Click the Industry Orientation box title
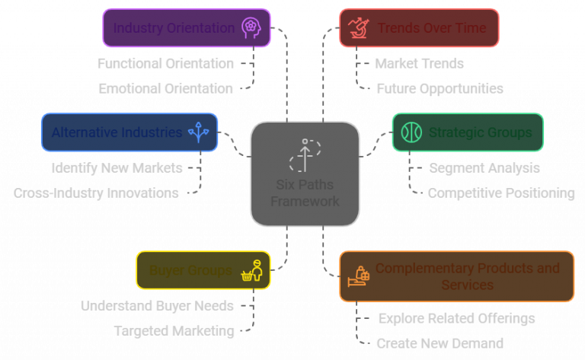pos(174,28)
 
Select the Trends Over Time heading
pos(431,28)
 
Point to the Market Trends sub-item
pos(419,63)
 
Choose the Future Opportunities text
pos(440,88)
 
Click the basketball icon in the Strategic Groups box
pos(411,132)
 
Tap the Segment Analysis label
pos(484,167)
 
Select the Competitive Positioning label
pos(500,193)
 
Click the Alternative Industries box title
pos(117,132)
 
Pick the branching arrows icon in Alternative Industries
pos(200,132)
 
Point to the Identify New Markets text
pos(117,167)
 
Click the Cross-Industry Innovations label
pos(96,193)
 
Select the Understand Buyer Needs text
pos(157,306)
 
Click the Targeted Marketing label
pos(174,331)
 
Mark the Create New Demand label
pos(440,343)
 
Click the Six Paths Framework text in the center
pos(305,193)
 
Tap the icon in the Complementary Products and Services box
pos(359,276)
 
